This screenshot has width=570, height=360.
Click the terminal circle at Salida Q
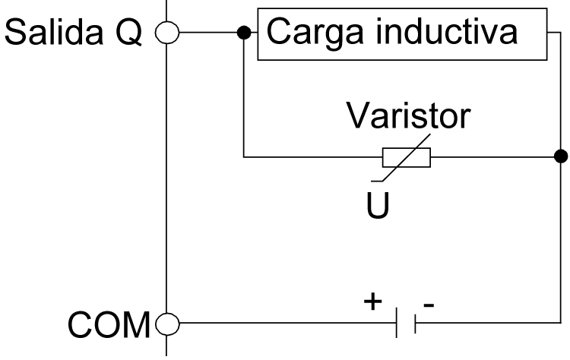point(166,34)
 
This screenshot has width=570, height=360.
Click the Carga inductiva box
point(403,34)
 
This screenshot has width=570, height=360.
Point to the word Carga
point(311,34)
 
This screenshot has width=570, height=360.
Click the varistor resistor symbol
point(406,157)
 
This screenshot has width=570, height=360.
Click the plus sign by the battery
point(373,301)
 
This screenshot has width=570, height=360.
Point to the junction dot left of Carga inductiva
point(243,34)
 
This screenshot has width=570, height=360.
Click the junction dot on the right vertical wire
point(561,157)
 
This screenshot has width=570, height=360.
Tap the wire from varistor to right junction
point(494,157)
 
